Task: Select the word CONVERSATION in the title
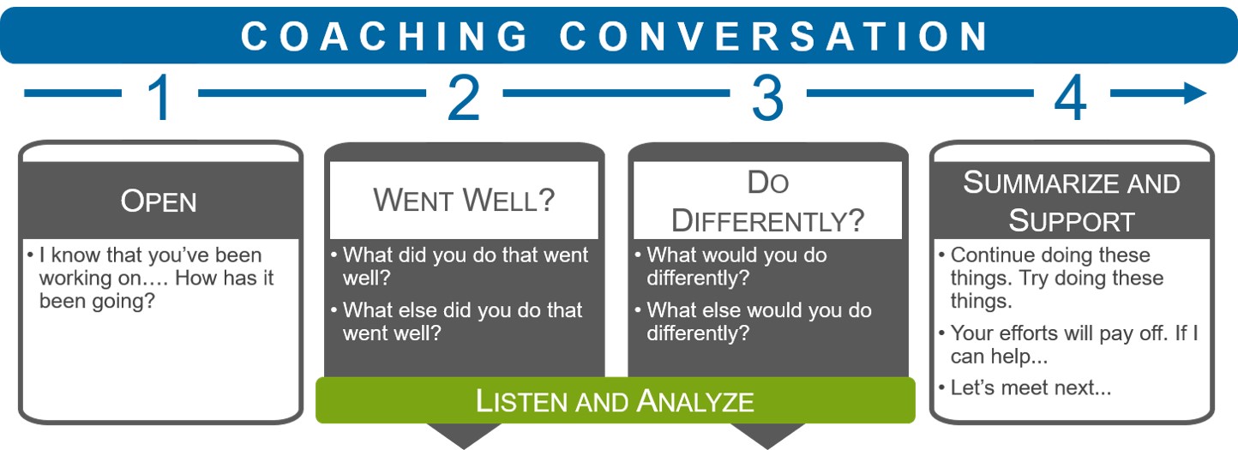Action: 776,37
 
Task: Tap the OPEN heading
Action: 159,201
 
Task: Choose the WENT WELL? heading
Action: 464,201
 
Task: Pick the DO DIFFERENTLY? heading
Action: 767,201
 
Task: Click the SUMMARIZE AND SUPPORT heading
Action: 1072,201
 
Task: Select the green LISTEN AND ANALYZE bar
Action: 615,401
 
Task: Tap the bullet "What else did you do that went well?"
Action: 462,321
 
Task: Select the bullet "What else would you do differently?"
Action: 759,321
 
